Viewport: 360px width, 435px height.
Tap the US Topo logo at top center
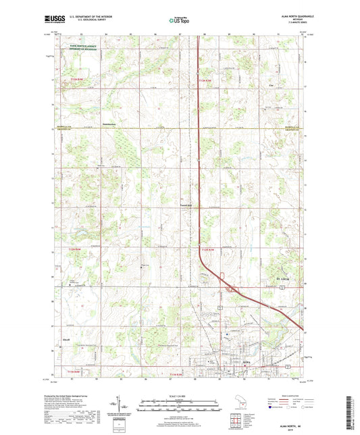coord(179,20)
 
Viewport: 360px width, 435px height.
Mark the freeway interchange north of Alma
coord(231,288)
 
